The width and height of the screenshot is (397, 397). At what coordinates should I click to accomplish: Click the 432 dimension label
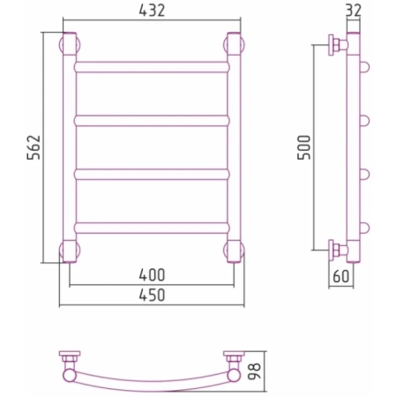coord(152,11)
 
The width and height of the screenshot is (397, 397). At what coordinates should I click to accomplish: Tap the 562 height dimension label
coord(34,147)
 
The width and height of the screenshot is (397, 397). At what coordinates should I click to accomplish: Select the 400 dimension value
coord(152,275)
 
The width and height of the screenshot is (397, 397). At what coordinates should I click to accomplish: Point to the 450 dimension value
coord(152,295)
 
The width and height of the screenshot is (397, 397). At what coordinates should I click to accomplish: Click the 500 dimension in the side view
coord(304,147)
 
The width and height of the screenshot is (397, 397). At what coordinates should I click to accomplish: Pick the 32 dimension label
coord(353,11)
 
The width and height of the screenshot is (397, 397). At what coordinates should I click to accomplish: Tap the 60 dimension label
coord(341,276)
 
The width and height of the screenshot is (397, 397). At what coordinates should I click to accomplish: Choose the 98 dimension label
coord(254,371)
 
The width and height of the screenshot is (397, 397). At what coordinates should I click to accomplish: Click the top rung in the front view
coord(152,67)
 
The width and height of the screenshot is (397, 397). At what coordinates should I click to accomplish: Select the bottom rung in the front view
coord(152,228)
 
